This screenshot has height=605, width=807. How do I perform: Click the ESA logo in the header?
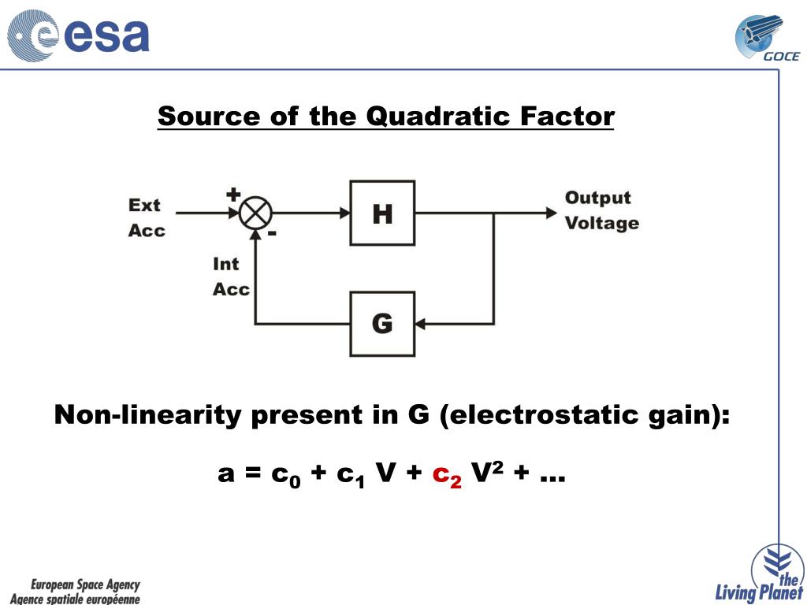point(79,36)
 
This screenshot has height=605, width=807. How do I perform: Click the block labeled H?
point(382,213)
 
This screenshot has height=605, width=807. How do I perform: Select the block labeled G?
point(382,323)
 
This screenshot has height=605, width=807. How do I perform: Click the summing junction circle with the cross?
point(255,213)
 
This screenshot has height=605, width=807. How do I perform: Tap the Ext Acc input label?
point(147,217)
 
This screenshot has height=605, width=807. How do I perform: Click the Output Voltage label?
point(601,210)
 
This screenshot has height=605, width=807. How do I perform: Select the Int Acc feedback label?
point(231,277)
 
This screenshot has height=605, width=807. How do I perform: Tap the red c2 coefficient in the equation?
point(447,475)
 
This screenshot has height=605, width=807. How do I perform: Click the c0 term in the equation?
point(286,475)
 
